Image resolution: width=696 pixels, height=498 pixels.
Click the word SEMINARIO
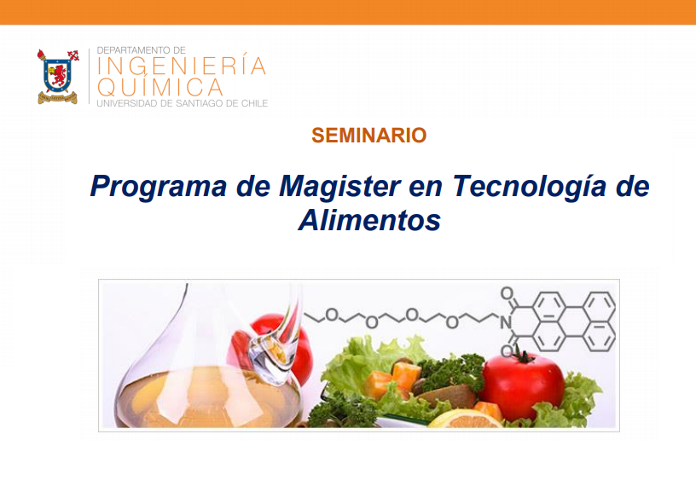click(x=368, y=136)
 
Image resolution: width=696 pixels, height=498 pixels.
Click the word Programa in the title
click(x=159, y=187)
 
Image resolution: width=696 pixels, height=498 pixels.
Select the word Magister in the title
click(x=339, y=186)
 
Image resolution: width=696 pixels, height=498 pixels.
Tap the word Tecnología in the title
click(x=529, y=187)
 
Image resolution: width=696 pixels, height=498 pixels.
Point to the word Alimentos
click(x=369, y=220)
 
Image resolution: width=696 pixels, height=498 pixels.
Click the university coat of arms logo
click(x=58, y=77)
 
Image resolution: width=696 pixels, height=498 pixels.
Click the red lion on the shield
click(x=58, y=75)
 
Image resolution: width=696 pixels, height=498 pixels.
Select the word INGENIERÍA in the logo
click(x=182, y=66)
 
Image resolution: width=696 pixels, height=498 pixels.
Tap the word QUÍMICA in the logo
click(x=160, y=86)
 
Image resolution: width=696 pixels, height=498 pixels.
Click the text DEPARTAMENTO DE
click(x=141, y=50)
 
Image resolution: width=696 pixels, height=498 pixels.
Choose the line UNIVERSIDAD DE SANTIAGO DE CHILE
click(x=183, y=103)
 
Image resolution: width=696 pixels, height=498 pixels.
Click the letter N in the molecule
click(x=506, y=322)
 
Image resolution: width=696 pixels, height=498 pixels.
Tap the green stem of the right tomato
click(x=525, y=356)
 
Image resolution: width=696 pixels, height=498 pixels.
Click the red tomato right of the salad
click(x=524, y=387)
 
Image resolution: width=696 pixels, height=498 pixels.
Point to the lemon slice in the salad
click(x=464, y=420)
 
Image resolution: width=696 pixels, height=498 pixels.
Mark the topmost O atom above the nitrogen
click(x=507, y=293)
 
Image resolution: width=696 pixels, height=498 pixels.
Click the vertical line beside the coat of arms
click(x=90, y=77)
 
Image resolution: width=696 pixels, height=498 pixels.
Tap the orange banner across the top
click(x=348, y=12)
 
